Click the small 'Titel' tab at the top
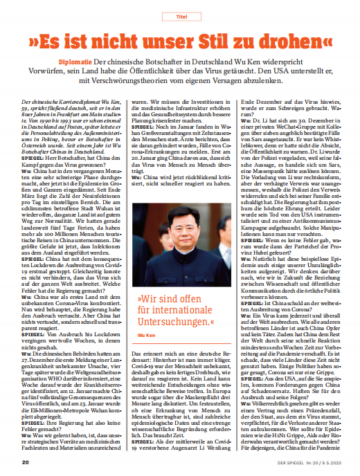click(179, 13)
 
